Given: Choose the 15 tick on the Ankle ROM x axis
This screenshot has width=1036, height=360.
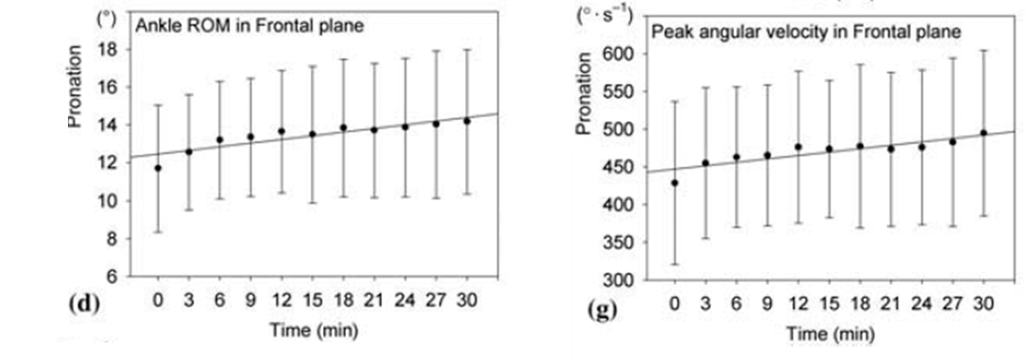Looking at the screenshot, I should click(311, 301).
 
